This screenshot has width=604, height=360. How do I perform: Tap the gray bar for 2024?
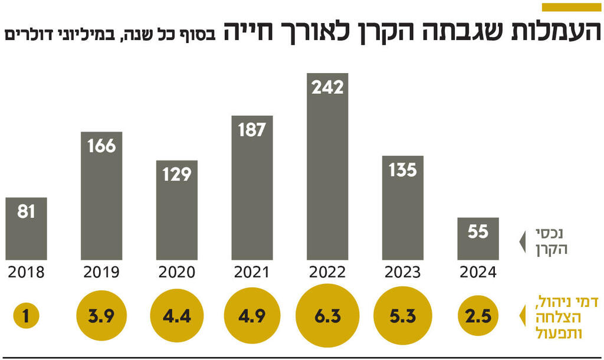478,238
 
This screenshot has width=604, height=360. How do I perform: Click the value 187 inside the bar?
252,130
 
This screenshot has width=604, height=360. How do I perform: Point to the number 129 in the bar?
177,174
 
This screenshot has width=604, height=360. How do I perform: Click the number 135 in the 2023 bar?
403,170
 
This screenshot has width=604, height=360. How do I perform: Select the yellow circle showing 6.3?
328,316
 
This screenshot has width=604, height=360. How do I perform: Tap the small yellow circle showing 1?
26,316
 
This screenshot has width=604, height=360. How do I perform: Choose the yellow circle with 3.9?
101,316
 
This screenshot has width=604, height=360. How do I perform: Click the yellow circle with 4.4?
177,316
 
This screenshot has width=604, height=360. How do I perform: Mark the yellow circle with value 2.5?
478,316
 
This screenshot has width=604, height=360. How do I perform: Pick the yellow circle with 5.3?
403,316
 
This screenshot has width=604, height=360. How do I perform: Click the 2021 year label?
252,272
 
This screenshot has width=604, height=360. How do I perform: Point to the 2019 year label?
101,272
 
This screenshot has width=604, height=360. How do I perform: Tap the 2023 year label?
403,272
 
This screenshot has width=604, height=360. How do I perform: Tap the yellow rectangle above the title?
570,7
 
